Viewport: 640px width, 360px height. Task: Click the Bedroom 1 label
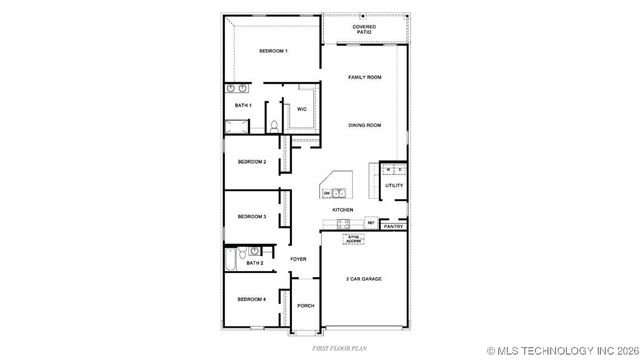[x=273, y=51]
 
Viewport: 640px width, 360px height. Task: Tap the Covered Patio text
[x=365, y=29]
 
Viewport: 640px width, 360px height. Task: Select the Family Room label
[x=365, y=77]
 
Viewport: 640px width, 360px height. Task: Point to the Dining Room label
[x=365, y=125]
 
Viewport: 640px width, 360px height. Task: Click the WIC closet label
[x=301, y=109]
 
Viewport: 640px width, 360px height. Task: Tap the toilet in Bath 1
[x=273, y=126]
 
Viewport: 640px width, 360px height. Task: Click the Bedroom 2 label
[x=251, y=161]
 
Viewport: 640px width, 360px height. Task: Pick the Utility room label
[x=394, y=185]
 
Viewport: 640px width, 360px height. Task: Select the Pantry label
[x=393, y=227]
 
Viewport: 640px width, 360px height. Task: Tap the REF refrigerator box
[x=370, y=222]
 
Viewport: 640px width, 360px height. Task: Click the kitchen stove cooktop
[x=344, y=223]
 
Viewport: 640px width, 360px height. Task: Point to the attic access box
[x=353, y=239]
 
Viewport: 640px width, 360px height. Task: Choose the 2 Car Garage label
[x=364, y=279]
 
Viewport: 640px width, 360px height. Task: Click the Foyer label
[x=298, y=259]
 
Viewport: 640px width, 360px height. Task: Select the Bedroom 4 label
[x=251, y=299]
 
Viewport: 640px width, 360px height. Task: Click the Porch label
[x=306, y=306]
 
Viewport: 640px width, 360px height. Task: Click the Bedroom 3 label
[x=251, y=216]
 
